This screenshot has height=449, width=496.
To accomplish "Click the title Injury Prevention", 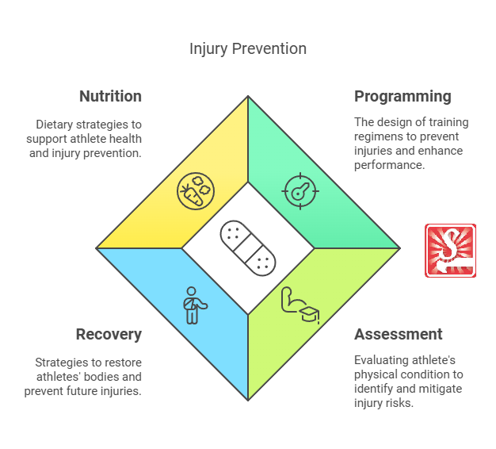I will [247, 49].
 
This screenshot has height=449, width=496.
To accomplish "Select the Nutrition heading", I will [110, 97].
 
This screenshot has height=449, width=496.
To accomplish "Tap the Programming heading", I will [403, 97].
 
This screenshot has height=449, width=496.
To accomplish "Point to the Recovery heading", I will [109, 334].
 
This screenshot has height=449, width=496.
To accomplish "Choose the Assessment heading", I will [399, 334].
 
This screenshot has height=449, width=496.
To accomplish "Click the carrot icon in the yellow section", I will [193, 191].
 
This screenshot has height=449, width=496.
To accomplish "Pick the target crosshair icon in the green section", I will [300, 191].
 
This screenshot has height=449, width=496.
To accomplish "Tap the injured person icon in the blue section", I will [193, 305].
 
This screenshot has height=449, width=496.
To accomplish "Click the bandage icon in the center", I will [248, 248].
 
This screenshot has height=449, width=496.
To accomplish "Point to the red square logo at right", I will [450, 251].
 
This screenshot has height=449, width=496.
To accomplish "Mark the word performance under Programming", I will [389, 165].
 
